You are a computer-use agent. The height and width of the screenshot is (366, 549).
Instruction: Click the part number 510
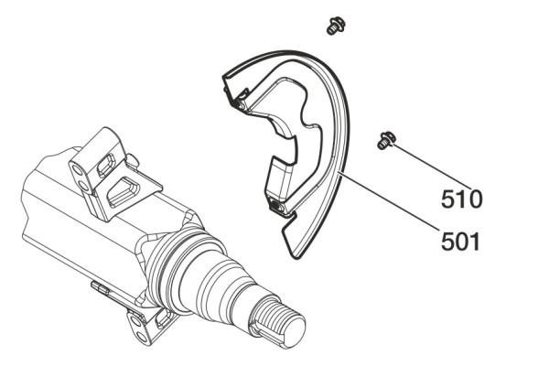[461, 199]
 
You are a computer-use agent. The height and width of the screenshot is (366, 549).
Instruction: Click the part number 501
[460, 241]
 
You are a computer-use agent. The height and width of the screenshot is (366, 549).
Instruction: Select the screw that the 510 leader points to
[386, 140]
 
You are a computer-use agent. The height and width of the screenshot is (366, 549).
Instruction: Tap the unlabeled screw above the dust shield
[336, 26]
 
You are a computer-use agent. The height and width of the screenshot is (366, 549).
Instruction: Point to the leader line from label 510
[433, 167]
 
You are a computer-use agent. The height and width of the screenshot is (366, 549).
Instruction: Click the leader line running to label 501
[390, 200]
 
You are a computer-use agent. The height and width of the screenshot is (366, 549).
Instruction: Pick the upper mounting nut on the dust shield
[240, 103]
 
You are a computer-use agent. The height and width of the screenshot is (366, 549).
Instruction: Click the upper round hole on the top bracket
[76, 170]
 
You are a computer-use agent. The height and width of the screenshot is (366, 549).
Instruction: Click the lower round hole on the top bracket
[83, 184]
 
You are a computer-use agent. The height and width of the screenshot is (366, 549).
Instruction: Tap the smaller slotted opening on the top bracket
[106, 165]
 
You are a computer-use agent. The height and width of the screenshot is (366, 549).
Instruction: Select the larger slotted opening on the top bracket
[124, 192]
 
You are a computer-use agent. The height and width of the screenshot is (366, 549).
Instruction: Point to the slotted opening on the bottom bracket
[162, 318]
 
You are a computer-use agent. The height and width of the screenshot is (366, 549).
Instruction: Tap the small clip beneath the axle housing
[100, 288]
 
